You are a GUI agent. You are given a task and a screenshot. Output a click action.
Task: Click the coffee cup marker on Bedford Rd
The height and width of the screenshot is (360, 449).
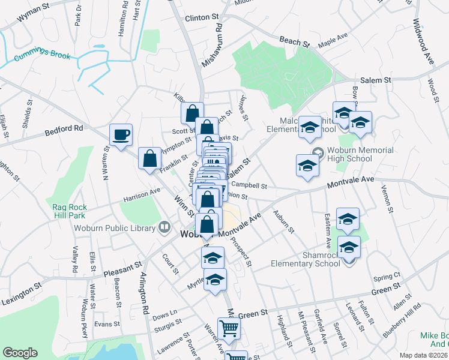[121, 135]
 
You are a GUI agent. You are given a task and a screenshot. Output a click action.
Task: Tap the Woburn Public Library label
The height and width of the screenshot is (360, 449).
[114, 227]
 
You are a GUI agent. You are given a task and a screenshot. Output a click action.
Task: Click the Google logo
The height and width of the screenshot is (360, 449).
[20, 353]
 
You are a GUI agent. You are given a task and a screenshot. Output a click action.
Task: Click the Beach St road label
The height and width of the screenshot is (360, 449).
[294, 43]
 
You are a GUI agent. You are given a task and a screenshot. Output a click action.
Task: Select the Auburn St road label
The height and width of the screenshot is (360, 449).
[283, 221]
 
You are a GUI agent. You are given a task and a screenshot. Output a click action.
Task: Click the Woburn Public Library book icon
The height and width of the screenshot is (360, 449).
[164, 227]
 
